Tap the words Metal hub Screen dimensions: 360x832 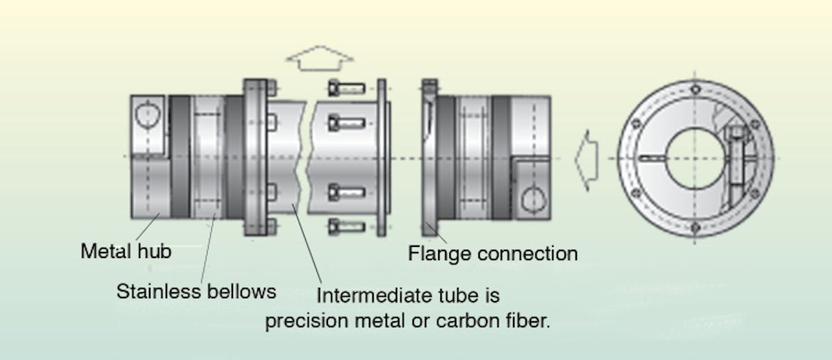pyautogui.click(x=125, y=250)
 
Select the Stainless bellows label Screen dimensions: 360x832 pyautogui.click(x=196, y=291)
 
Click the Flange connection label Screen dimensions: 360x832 pyautogui.click(x=492, y=254)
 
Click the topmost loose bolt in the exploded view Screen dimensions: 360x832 pyautogui.click(x=345, y=88)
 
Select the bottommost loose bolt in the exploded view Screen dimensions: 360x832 pyautogui.click(x=345, y=226)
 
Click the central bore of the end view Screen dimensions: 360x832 pyautogui.click(x=695, y=159)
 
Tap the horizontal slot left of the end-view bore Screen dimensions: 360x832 pyautogui.click(x=652, y=159)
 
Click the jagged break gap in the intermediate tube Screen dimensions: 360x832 pyautogui.click(x=304, y=158)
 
